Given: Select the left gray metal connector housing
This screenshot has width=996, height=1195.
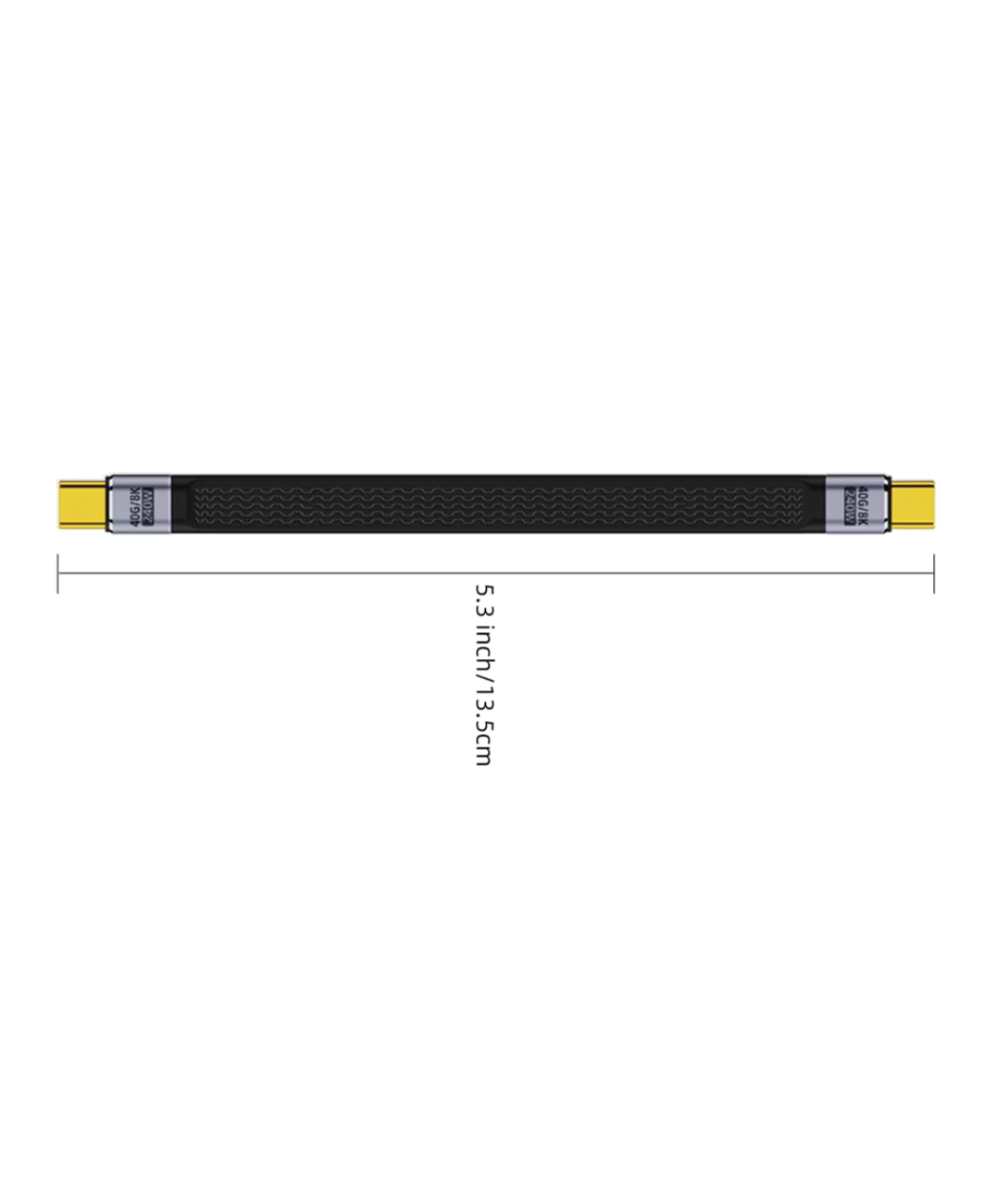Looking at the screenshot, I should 138,503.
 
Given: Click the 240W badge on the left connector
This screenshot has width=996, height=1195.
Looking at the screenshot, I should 147,503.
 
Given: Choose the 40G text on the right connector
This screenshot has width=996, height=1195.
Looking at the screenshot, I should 863,491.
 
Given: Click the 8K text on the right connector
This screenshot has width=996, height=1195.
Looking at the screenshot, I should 863,516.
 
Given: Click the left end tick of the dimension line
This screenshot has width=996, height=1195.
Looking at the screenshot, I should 58,573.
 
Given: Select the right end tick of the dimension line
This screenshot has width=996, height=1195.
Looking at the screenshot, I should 933,573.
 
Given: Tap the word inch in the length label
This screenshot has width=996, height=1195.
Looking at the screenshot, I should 483,646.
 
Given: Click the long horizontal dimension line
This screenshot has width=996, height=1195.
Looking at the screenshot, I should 299,573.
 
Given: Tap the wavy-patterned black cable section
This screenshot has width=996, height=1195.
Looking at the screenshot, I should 498,503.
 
